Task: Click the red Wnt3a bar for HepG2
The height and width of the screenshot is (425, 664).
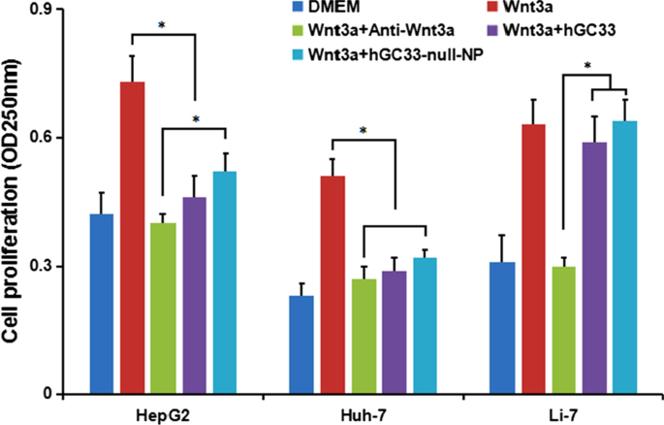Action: [132, 238]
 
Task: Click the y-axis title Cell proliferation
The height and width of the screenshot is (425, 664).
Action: [14, 204]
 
